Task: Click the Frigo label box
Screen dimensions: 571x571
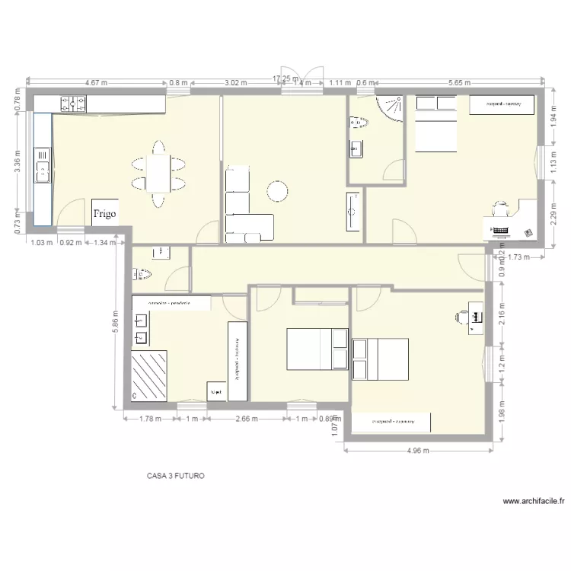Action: (x=104, y=213)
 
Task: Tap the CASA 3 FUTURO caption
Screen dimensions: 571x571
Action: (x=176, y=476)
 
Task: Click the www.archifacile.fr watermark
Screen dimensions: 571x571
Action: (x=534, y=501)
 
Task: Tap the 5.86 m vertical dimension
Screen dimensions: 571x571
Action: (x=115, y=326)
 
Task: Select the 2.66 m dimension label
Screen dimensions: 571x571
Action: (x=247, y=419)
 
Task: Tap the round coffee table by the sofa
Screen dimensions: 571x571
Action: (x=277, y=190)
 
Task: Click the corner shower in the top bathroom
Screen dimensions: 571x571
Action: (x=392, y=108)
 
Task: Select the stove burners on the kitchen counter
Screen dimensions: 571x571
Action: (x=74, y=102)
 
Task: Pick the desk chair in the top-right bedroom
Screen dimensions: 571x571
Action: (x=500, y=207)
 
